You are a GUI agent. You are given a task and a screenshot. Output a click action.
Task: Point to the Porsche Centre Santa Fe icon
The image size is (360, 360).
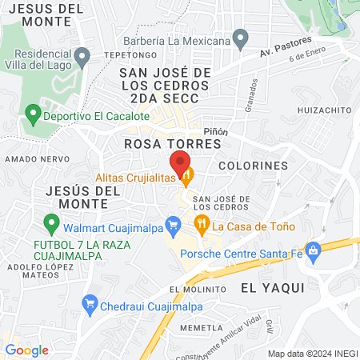pyautogui.click(x=313, y=251)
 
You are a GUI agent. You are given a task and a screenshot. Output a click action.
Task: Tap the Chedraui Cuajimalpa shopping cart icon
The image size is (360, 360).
pyautogui.click(x=90, y=304)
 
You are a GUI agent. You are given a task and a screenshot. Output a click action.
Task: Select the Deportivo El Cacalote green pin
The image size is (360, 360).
pyautogui.click(x=33, y=115)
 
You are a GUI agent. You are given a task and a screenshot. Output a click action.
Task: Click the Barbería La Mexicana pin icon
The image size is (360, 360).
pyautogui.click(x=240, y=38)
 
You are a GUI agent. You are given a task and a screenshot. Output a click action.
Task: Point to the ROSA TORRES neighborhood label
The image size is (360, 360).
pyautogui.click(x=172, y=143)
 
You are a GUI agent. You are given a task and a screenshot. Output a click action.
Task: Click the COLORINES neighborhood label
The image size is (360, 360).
pyautogui.click(x=253, y=166)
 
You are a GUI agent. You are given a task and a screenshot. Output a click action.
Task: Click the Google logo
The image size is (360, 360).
pyautogui.click(x=26, y=350)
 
